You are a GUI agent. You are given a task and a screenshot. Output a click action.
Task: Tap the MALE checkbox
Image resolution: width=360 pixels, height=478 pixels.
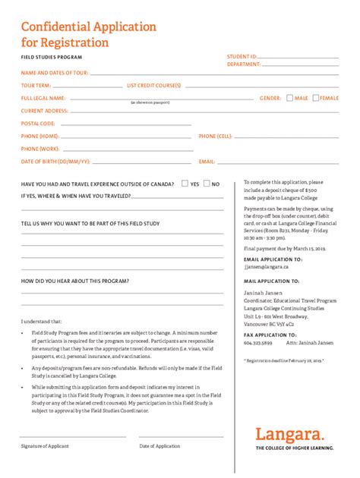pyautogui.click(x=289, y=98)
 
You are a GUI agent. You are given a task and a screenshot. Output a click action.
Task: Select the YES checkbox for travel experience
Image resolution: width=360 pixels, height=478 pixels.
pyautogui.click(x=185, y=184)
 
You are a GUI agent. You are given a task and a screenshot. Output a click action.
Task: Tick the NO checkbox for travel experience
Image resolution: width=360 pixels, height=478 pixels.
pyautogui.click(x=206, y=184)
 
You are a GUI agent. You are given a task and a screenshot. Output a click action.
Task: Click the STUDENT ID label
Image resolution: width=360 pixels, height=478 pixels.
pyautogui.click(x=242, y=57)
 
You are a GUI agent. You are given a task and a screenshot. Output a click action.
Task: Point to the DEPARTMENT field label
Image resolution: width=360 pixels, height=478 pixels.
pyautogui.click(x=244, y=64)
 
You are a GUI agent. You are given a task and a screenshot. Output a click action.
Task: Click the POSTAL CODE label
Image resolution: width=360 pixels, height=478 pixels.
pyautogui.click(x=38, y=123)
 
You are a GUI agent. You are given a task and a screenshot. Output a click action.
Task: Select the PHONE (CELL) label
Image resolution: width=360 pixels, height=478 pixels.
pyautogui.click(x=215, y=136)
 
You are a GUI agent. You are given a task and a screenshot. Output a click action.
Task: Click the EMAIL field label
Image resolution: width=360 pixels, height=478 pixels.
pyautogui.click(x=207, y=162)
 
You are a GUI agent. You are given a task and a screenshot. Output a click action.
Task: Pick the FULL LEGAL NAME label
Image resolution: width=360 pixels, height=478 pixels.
pyautogui.click(x=43, y=98)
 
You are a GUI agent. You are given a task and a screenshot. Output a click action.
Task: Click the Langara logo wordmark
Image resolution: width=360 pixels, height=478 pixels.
pyautogui.click(x=294, y=435)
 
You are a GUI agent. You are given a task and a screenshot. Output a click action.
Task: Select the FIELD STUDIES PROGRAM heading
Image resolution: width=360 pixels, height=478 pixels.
pyautogui.click(x=51, y=57)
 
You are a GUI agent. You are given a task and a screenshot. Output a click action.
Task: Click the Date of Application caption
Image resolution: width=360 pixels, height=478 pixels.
pyautogui.click(x=159, y=446)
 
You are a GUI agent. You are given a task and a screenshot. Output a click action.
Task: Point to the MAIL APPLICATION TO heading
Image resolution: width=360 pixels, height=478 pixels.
pyautogui.click(x=273, y=281)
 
